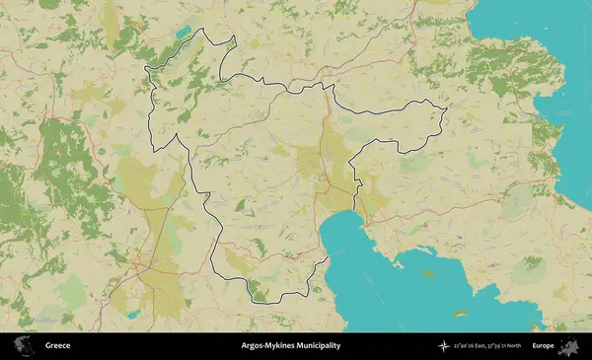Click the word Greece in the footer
57,346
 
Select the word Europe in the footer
543,346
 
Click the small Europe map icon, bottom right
569,346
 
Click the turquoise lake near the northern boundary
183,33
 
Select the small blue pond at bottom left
131,315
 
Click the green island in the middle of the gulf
427,275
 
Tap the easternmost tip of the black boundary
447,108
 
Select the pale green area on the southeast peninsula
514,202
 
